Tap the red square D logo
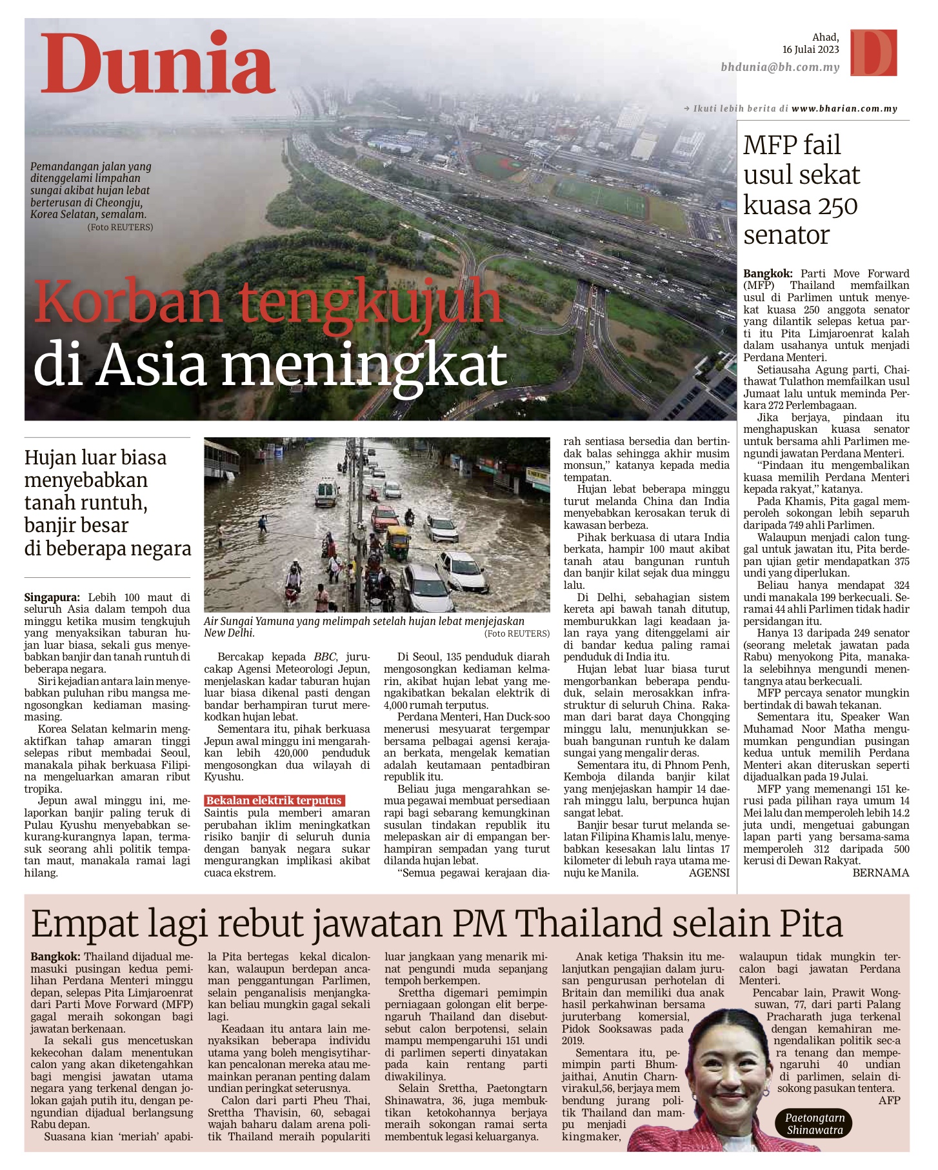pyautogui.click(x=873, y=52)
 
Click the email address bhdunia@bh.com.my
pyautogui.click(x=780, y=67)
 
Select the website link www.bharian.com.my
pyautogui.click(x=844, y=108)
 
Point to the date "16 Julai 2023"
pyautogui.click(x=810, y=50)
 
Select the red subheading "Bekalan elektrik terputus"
pyautogui.click(x=274, y=800)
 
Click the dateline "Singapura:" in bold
pyautogui.click(x=52, y=597)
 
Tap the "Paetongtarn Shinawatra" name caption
pyautogui.click(x=814, y=1124)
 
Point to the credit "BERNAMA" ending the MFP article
pyautogui.click(x=881, y=873)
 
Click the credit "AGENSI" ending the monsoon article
pyautogui.click(x=709, y=873)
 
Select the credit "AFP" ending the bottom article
pyautogui.click(x=889, y=1100)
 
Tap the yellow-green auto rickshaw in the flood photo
pyautogui.click(x=397, y=540)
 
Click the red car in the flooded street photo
pyautogui.click(x=385, y=517)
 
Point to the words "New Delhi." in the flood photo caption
pyautogui.click(x=229, y=633)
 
